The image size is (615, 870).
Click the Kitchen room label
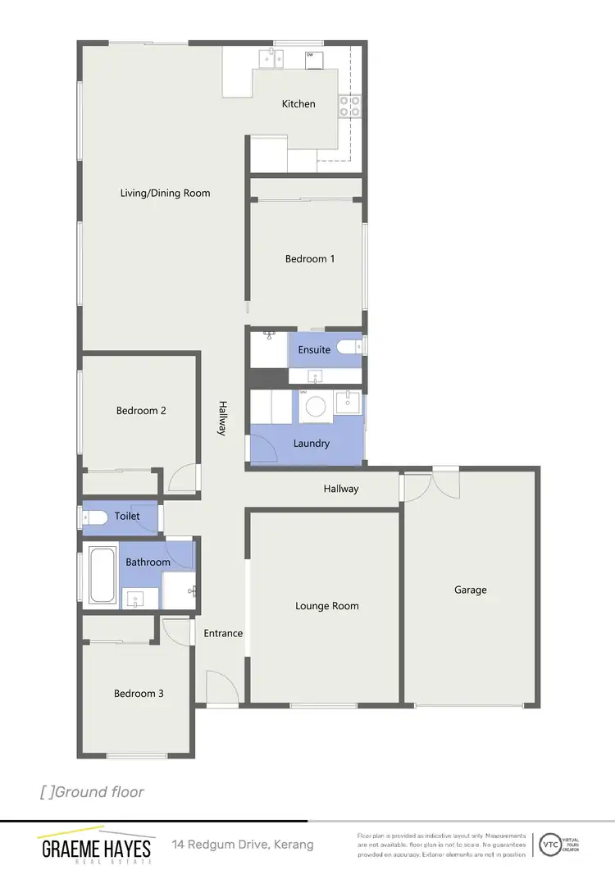pyautogui.click(x=298, y=104)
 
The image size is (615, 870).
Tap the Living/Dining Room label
pyautogui.click(x=165, y=194)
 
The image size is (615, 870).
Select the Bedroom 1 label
pyautogui.click(x=310, y=259)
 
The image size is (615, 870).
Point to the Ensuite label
pyautogui.click(x=314, y=350)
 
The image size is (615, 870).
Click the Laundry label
pyautogui.click(x=311, y=444)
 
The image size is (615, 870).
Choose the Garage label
pyautogui.click(x=471, y=590)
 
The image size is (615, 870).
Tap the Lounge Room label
pyautogui.click(x=327, y=606)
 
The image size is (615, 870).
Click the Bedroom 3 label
pyautogui.click(x=139, y=694)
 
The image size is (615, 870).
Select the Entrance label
pyautogui.click(x=223, y=633)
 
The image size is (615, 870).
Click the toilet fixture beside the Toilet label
pyautogui.click(x=95, y=517)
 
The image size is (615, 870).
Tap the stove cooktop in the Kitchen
pyautogui.click(x=350, y=105)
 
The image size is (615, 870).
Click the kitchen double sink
pyautogui.click(x=272, y=58)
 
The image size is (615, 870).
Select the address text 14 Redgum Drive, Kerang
pyautogui.click(x=243, y=845)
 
